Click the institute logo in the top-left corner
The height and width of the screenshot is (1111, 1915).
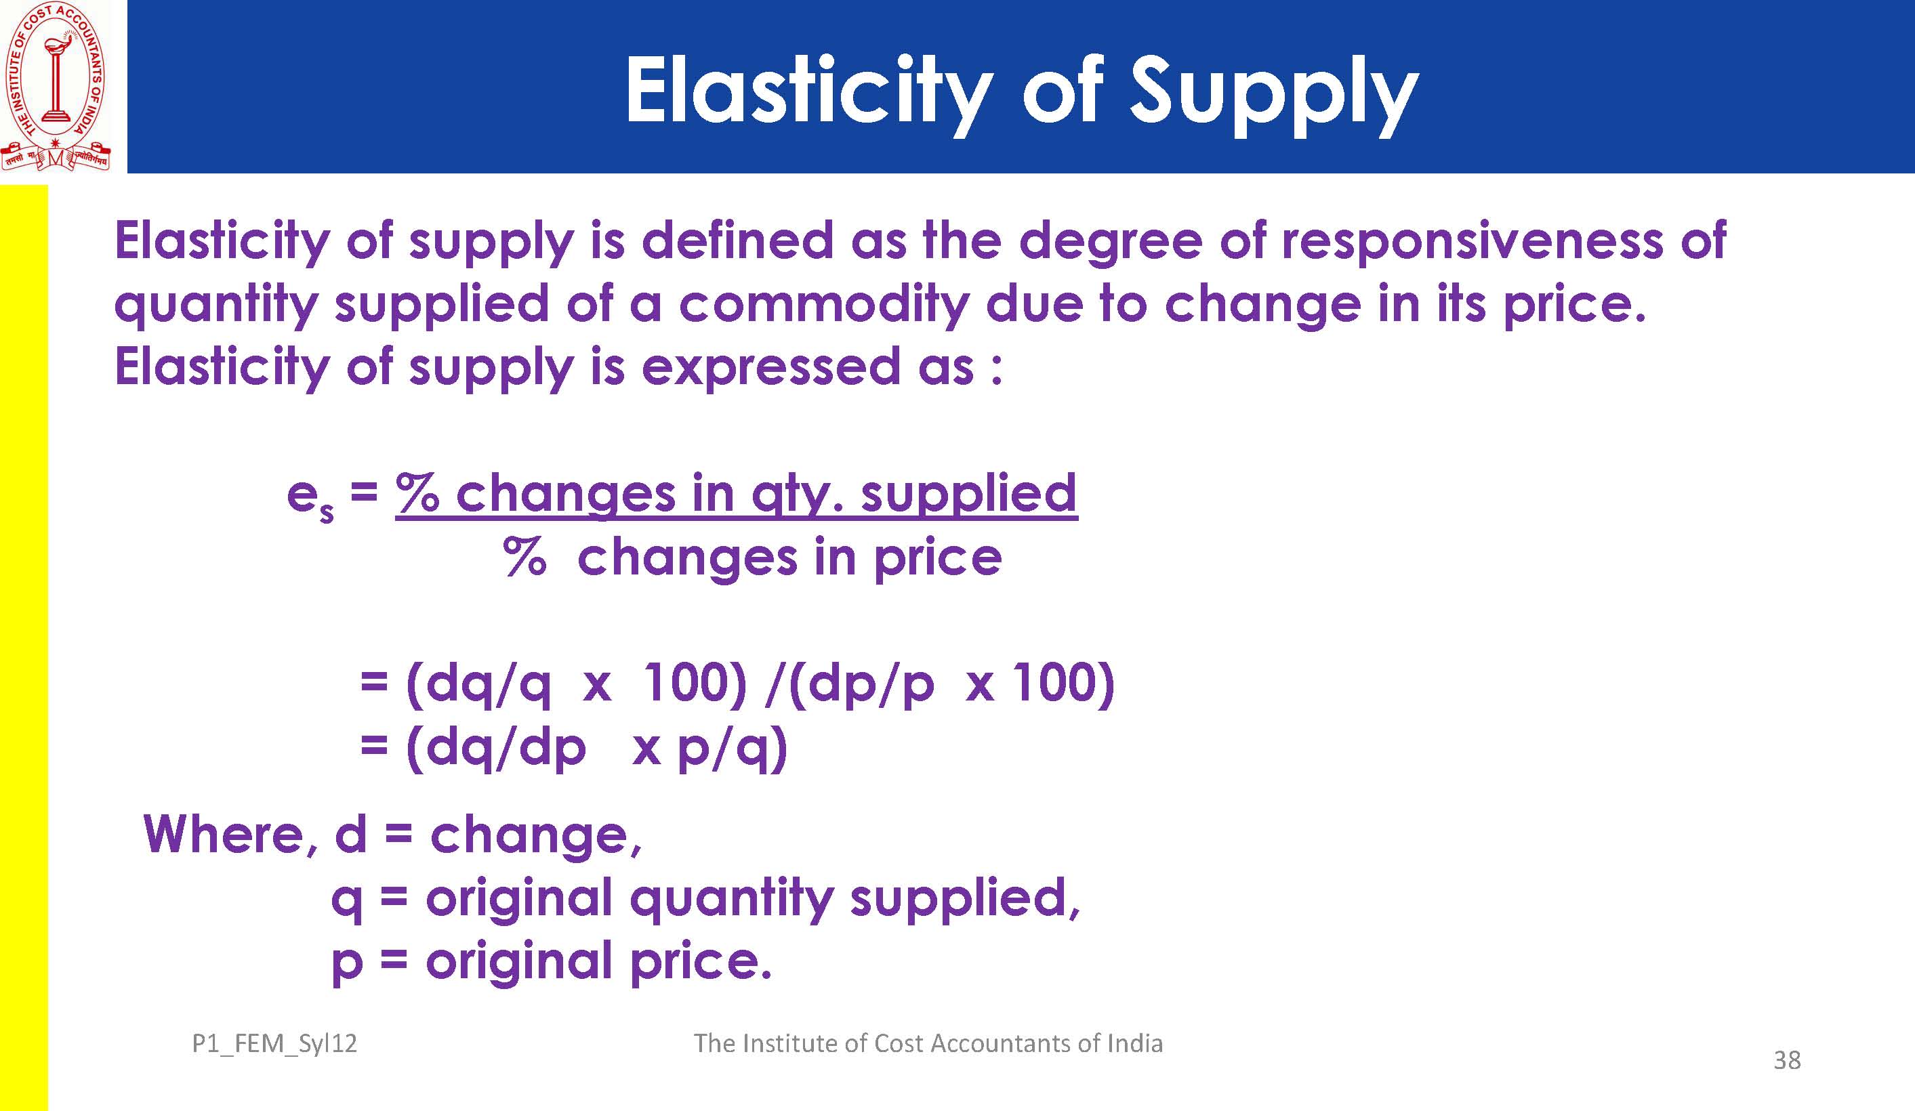click(x=56, y=86)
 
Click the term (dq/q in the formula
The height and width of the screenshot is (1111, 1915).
click(x=478, y=685)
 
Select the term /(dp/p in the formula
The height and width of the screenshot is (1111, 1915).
click(x=850, y=685)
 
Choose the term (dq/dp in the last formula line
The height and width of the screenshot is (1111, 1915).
click(x=496, y=749)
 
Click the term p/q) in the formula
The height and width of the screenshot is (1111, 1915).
click(x=732, y=749)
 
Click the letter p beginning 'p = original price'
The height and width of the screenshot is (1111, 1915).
click(x=346, y=965)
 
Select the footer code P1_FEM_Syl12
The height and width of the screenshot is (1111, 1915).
click(x=274, y=1044)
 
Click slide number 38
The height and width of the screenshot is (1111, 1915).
click(x=1788, y=1060)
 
